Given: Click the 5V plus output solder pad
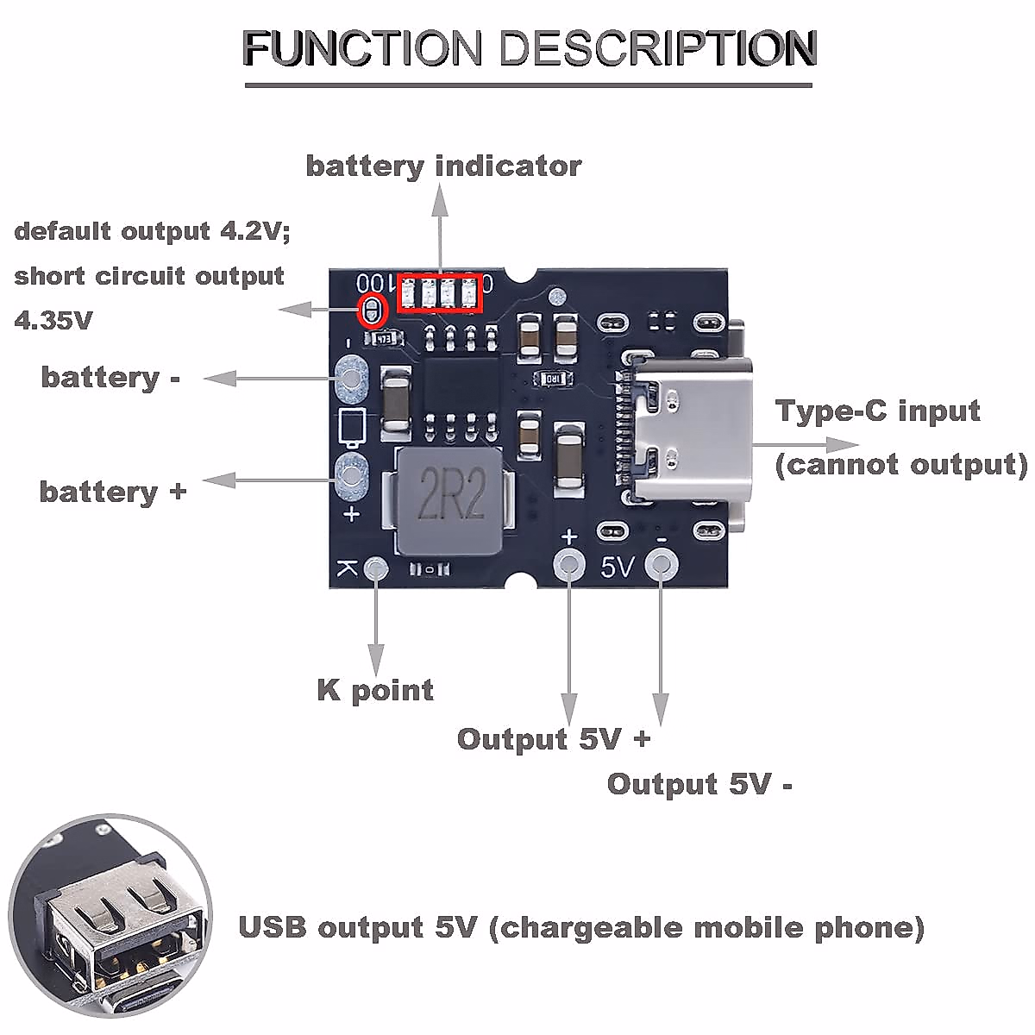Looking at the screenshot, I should coord(568,565).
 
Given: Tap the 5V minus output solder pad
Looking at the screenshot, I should coord(662,565).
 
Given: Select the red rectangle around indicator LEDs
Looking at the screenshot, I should coord(440,293).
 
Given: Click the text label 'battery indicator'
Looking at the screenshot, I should coord(443,166).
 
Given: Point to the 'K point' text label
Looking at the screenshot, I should coord(375,690).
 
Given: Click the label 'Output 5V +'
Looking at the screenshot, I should coord(553,739).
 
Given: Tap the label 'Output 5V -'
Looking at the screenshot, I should coord(699,784).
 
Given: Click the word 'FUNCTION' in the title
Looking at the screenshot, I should coord(362,48).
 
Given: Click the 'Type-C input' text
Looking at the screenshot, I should coord(878,411).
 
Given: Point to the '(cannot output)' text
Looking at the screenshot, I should coord(901,464).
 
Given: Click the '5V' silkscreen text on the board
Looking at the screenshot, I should coord(617,567).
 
